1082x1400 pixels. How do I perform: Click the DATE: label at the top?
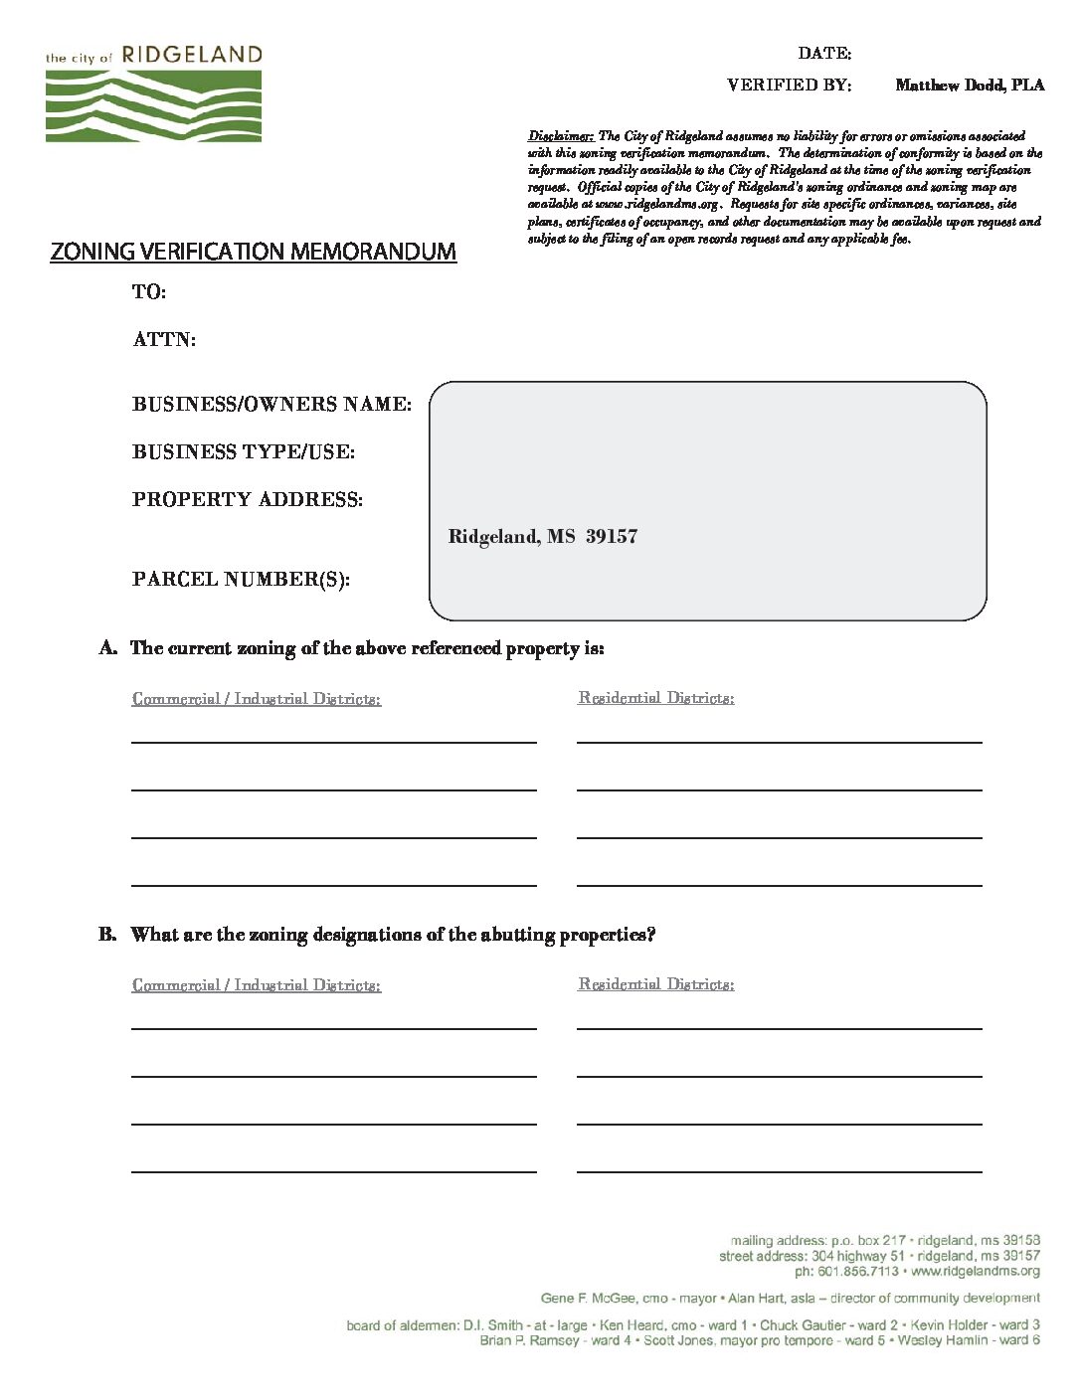[824, 54]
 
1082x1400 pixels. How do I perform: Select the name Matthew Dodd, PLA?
[970, 86]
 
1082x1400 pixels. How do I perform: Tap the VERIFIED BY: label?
[789, 86]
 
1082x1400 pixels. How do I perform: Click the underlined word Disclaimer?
[561, 136]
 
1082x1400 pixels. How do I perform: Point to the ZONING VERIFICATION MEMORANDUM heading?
[253, 252]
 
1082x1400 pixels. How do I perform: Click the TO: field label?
[149, 292]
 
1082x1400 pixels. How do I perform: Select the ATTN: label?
[164, 340]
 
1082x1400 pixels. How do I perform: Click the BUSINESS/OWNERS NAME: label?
[271, 405]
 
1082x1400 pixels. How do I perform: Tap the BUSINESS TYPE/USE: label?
[244, 452]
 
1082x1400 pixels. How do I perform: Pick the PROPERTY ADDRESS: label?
[248, 500]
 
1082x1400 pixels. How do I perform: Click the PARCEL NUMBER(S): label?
[241, 580]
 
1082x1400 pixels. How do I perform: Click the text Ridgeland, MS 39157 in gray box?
[543, 537]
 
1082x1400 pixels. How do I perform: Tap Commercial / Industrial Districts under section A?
[257, 699]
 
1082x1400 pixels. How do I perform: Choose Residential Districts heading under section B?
[656, 984]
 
